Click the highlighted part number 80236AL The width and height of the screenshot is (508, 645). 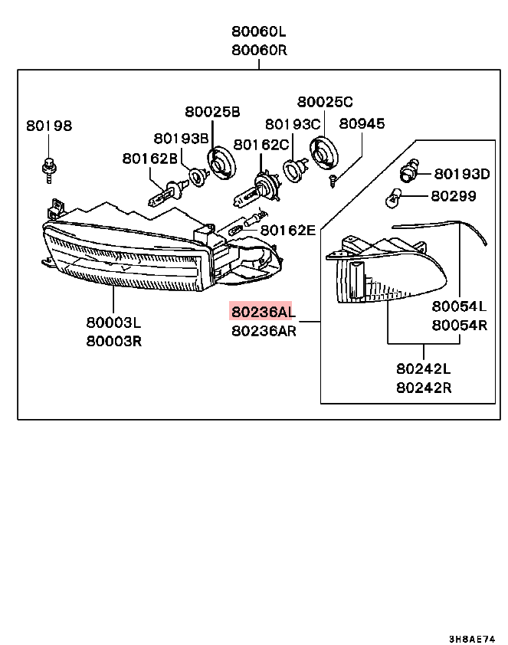pos(262,311)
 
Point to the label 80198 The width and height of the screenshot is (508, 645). pos(48,126)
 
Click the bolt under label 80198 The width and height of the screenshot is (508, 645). pos(48,168)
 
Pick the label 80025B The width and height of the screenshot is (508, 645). pos(212,112)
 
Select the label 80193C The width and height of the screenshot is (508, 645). pos(293,124)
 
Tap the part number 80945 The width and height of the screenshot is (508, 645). pos(362,124)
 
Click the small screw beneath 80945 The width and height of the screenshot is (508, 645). pos(332,180)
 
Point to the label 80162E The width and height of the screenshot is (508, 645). pos(287,230)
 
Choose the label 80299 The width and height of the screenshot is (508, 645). pos(453,196)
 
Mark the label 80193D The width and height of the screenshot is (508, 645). pos(462,174)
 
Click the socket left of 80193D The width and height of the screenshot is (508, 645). pos(411,170)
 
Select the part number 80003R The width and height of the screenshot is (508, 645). pos(113,341)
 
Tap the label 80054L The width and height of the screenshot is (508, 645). pos(459,306)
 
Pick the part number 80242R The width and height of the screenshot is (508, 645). pos(424,387)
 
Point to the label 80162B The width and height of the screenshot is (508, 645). pos(149,159)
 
